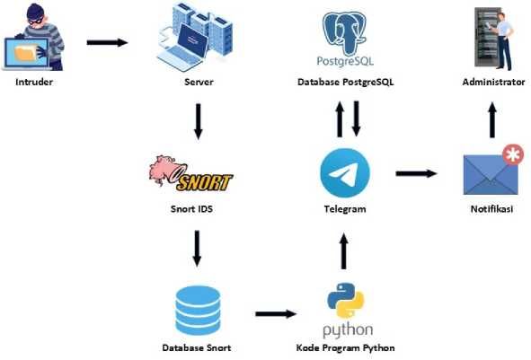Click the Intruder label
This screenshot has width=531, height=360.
(x=34, y=82)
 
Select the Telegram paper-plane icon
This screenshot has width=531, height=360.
(x=345, y=173)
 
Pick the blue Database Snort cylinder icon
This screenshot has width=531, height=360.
(x=198, y=311)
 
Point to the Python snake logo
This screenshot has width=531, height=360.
(x=345, y=301)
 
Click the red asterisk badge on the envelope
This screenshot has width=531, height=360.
(x=513, y=154)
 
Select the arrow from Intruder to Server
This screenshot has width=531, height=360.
(x=107, y=42)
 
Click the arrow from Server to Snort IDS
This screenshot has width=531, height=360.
(x=198, y=121)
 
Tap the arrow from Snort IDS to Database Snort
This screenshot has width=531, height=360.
(x=197, y=249)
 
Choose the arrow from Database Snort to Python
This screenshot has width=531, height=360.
(x=276, y=314)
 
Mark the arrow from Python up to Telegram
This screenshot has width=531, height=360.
(x=344, y=251)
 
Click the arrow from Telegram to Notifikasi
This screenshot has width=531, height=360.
(x=417, y=173)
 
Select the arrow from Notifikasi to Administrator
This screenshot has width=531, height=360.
(x=492, y=119)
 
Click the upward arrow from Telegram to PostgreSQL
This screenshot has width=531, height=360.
(x=340, y=119)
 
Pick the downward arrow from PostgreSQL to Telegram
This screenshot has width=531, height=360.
(x=356, y=119)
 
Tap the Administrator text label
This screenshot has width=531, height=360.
(x=493, y=82)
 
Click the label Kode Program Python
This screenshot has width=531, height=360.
(x=345, y=347)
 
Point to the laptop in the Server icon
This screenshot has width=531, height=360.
(x=184, y=48)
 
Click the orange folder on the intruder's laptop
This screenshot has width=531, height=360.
(x=25, y=53)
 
